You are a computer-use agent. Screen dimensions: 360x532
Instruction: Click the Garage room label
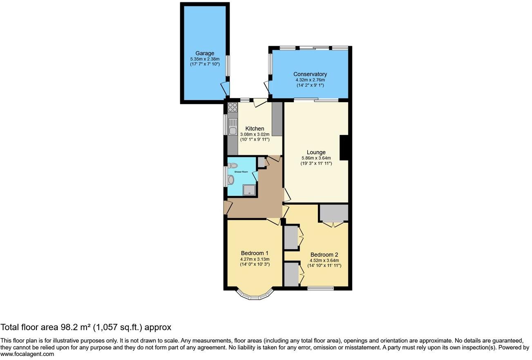(204, 54)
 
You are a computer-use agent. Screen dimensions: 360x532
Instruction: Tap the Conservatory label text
(310, 74)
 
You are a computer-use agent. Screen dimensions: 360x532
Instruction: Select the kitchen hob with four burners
(232, 107)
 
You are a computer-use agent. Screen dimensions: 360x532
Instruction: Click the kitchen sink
(232, 131)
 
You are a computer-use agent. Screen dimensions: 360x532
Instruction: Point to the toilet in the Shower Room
(232, 165)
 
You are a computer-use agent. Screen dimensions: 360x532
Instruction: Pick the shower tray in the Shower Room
(248, 190)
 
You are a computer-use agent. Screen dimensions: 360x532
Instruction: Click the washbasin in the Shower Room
(231, 180)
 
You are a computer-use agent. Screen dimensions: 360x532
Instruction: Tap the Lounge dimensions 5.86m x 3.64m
(316, 158)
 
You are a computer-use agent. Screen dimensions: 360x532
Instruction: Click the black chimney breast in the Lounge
(344, 148)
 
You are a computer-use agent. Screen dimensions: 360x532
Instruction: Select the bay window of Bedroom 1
(255, 295)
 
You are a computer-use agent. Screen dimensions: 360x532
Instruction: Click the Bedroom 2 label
(324, 254)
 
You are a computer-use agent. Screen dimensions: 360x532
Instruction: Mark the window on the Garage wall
(228, 65)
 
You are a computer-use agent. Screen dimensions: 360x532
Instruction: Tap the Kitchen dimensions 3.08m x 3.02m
(255, 134)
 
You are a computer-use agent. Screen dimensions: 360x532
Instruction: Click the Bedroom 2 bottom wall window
(320, 288)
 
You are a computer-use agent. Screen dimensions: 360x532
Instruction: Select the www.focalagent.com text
(27, 354)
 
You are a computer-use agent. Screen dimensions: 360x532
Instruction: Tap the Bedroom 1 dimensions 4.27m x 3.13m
(255, 259)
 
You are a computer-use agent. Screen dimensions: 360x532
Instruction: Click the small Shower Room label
(241, 172)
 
